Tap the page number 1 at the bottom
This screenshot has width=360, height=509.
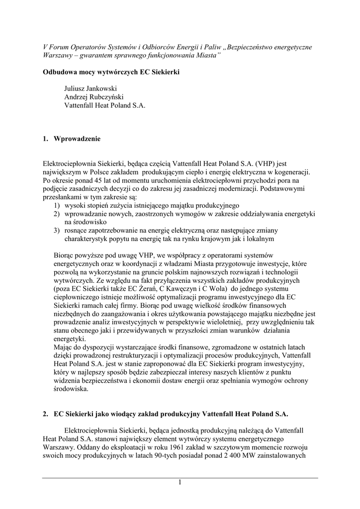180,483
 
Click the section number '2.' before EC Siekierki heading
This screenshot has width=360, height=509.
46,414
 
